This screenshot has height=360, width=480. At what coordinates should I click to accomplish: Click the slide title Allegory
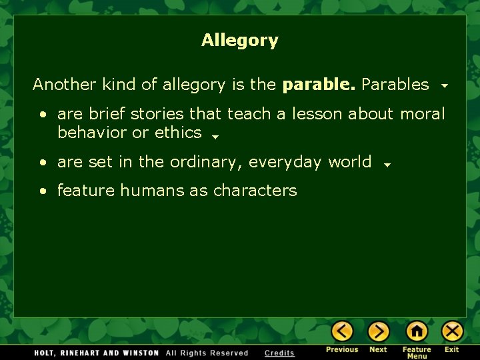240,41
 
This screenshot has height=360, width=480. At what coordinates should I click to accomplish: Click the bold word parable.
319,85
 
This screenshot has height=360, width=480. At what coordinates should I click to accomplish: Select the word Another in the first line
64,85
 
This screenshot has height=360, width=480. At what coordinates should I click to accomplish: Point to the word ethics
178,133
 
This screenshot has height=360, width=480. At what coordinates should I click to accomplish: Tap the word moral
422,114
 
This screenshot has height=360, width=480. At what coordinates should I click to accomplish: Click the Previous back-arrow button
342,331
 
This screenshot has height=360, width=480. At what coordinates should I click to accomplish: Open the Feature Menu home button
417,331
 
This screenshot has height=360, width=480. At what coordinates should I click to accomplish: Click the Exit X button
452,331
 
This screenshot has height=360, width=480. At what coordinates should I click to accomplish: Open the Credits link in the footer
279,353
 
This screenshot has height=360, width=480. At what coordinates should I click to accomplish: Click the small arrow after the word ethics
215,137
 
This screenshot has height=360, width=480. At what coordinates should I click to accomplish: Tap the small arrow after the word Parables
444,87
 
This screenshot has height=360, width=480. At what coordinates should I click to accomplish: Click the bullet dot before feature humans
43,191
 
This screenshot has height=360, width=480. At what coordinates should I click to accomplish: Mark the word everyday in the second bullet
286,162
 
